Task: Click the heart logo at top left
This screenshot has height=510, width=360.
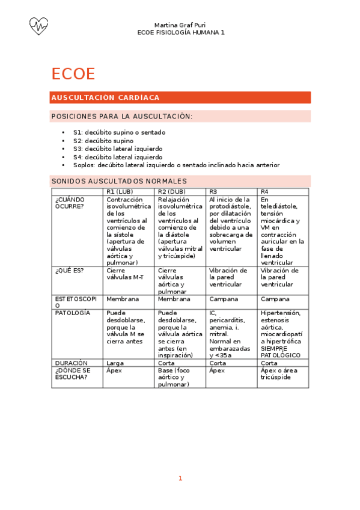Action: [x=38, y=25]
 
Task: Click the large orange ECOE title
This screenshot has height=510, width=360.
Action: [x=73, y=73]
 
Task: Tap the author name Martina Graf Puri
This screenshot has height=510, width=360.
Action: [x=180, y=25]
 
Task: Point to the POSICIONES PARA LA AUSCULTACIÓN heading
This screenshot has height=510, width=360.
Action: [x=122, y=116]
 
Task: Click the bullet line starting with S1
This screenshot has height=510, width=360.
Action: [x=119, y=132]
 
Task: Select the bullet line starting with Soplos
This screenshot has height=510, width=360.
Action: [x=176, y=165]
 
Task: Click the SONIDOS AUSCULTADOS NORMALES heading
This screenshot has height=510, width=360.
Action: [x=119, y=181]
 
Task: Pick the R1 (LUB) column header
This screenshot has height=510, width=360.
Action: [x=120, y=191]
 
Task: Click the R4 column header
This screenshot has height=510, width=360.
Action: [x=265, y=191]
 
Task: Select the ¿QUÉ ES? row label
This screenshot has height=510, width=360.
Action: [x=70, y=270]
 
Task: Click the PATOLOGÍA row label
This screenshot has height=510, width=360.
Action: [x=73, y=313]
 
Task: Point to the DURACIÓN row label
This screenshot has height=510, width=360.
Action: [x=72, y=363]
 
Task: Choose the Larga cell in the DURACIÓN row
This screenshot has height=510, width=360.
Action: [x=115, y=363]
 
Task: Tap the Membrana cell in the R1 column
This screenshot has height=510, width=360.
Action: [x=123, y=299]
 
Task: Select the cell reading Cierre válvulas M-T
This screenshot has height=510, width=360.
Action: [x=124, y=274]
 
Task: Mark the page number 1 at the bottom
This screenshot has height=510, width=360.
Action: [x=180, y=478]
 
